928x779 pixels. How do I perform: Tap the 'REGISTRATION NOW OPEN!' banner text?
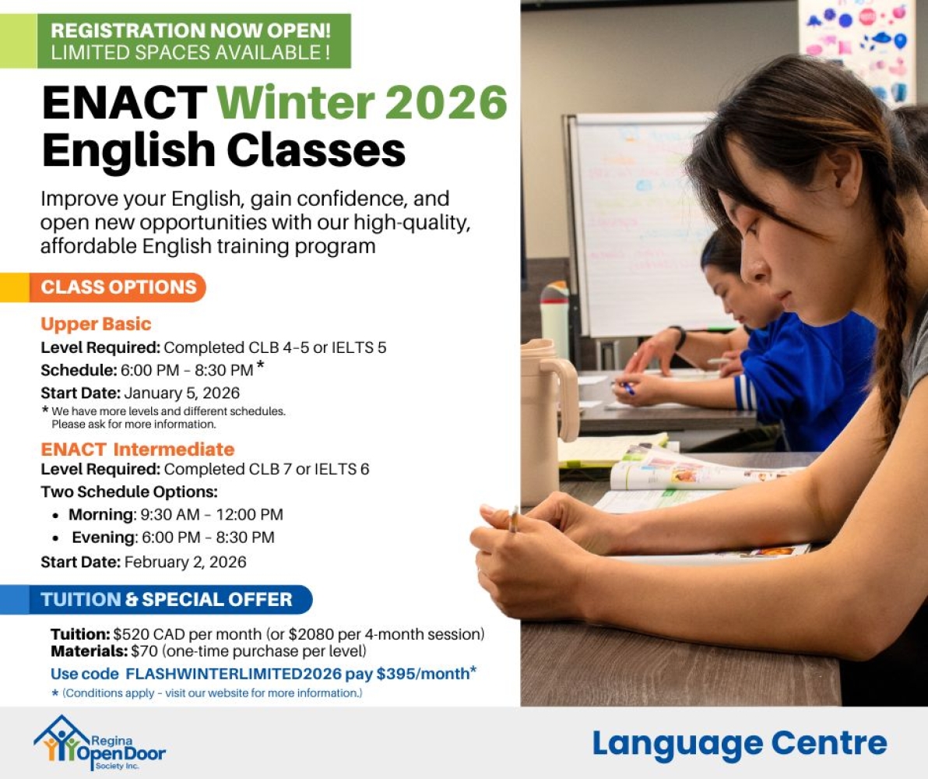pos(191,32)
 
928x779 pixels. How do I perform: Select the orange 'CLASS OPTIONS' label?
pos(118,287)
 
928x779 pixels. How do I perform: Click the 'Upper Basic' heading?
pos(96,324)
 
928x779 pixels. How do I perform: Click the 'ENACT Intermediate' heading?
pos(137,449)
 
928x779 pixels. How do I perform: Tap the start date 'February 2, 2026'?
pos(185,562)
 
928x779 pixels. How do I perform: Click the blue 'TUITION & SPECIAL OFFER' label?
pos(167,599)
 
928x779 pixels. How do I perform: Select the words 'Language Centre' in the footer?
pos(739,743)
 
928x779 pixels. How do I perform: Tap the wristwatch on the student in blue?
pos(680,337)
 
